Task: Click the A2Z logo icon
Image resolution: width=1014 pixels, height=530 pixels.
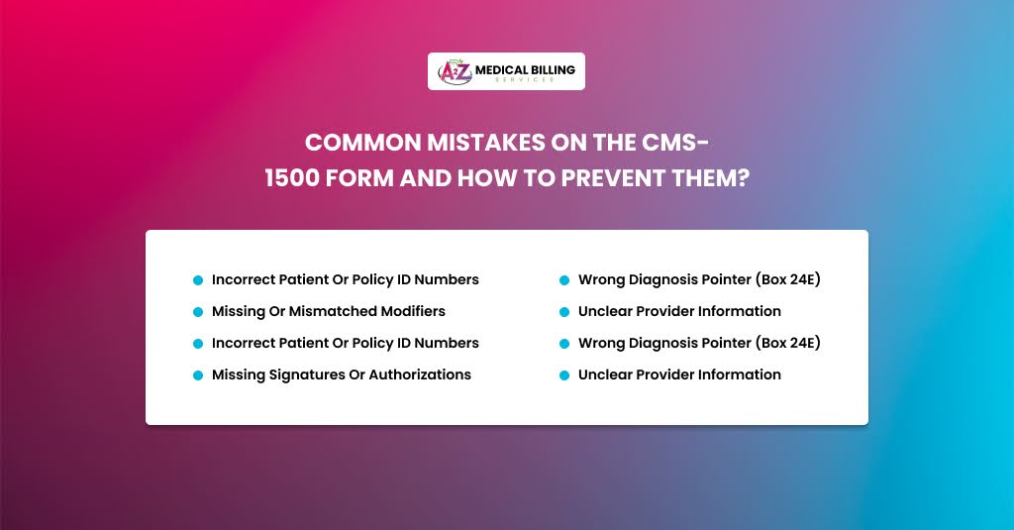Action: (456, 71)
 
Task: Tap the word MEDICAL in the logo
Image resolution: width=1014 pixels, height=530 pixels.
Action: (501, 69)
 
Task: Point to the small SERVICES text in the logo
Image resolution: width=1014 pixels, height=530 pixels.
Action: (525, 79)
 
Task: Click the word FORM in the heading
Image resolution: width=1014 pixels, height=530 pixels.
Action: (359, 178)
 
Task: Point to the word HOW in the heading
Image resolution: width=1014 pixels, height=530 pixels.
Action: (487, 178)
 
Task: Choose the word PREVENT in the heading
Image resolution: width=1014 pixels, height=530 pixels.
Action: (613, 178)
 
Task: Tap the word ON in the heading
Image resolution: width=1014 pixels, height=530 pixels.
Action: (569, 143)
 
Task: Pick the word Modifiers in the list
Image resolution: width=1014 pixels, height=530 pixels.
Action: (413, 311)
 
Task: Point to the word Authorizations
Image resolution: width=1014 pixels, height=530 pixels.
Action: (420, 374)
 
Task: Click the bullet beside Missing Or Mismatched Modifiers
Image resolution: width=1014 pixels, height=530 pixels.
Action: (198, 312)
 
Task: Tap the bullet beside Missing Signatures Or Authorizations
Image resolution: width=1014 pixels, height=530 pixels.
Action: (198, 375)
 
